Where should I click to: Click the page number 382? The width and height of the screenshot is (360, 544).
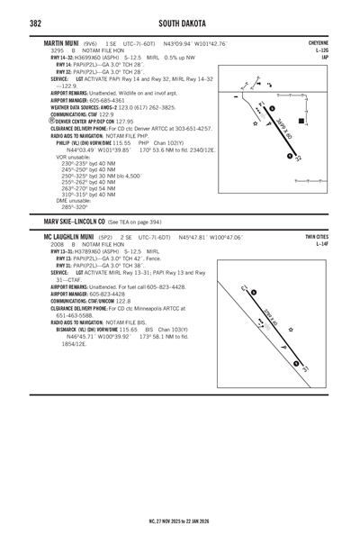pos(36,22)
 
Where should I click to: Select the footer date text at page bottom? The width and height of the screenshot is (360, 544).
pos(180,520)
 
